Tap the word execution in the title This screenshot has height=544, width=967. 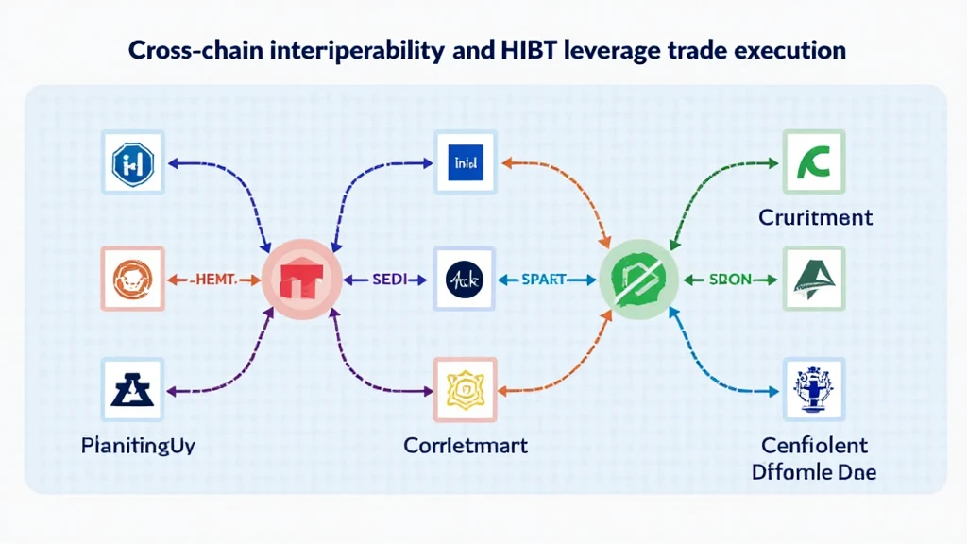coord(789,51)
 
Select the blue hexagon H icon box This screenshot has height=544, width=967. coord(132,162)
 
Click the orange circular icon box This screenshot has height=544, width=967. coord(132,279)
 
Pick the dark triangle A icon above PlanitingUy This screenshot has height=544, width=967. coord(132,389)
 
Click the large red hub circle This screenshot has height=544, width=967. coord(301,279)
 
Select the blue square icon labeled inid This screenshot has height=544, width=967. coord(465,162)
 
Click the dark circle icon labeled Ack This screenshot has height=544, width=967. coord(465,279)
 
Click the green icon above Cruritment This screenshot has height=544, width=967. coord(814,162)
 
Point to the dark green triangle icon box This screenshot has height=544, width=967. coord(814,279)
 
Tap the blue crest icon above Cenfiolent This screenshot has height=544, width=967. coord(814,389)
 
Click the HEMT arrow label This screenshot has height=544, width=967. coord(212,280)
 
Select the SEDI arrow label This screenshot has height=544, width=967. coord(387,280)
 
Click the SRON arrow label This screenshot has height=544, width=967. coord(731,280)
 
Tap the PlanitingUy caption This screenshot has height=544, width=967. coord(138,445)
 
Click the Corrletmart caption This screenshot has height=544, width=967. coord(465,445)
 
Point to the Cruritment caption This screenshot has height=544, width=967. coord(815,218)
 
